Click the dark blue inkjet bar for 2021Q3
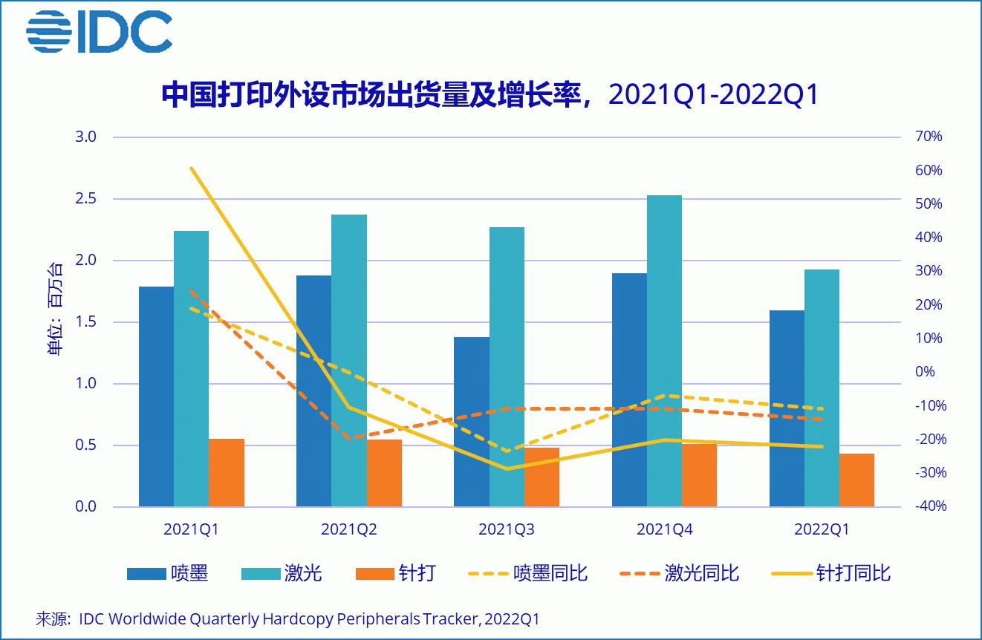pos(471,422)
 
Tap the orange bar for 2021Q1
pos(226,473)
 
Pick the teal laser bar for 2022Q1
pos(822,388)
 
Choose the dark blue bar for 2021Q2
pos(313,391)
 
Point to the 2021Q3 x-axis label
pos(507,529)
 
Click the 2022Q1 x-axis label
pos(822,529)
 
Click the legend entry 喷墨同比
pos(550,573)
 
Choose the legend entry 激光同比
pos(702,573)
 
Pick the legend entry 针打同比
pos(853,573)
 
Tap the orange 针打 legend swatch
pos(375,573)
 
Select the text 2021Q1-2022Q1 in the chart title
pos(713,95)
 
